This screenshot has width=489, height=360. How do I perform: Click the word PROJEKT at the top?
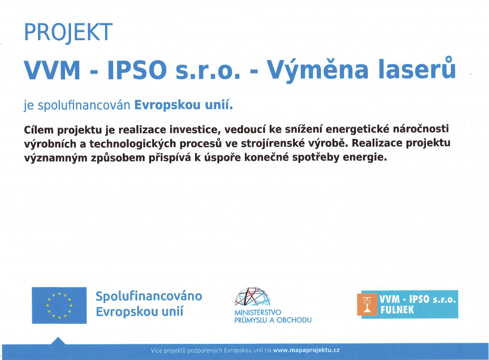pos(68,32)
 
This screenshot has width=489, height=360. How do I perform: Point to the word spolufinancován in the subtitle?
pos(84,105)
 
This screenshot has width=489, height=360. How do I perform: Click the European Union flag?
pos(59,305)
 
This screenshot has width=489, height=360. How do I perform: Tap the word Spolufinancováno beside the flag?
pos(149,296)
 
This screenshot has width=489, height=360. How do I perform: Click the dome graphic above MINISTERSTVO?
pos(252,296)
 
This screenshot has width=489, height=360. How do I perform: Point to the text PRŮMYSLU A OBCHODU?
pos(273,320)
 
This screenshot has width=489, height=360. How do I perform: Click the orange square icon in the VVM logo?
pos(368,304)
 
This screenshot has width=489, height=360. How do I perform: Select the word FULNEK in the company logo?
pos(397,310)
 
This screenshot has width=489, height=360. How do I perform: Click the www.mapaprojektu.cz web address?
pos(306,350)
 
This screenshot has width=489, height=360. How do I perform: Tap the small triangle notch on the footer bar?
pos(58,340)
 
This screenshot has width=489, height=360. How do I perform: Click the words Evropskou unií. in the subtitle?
pos(183,105)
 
